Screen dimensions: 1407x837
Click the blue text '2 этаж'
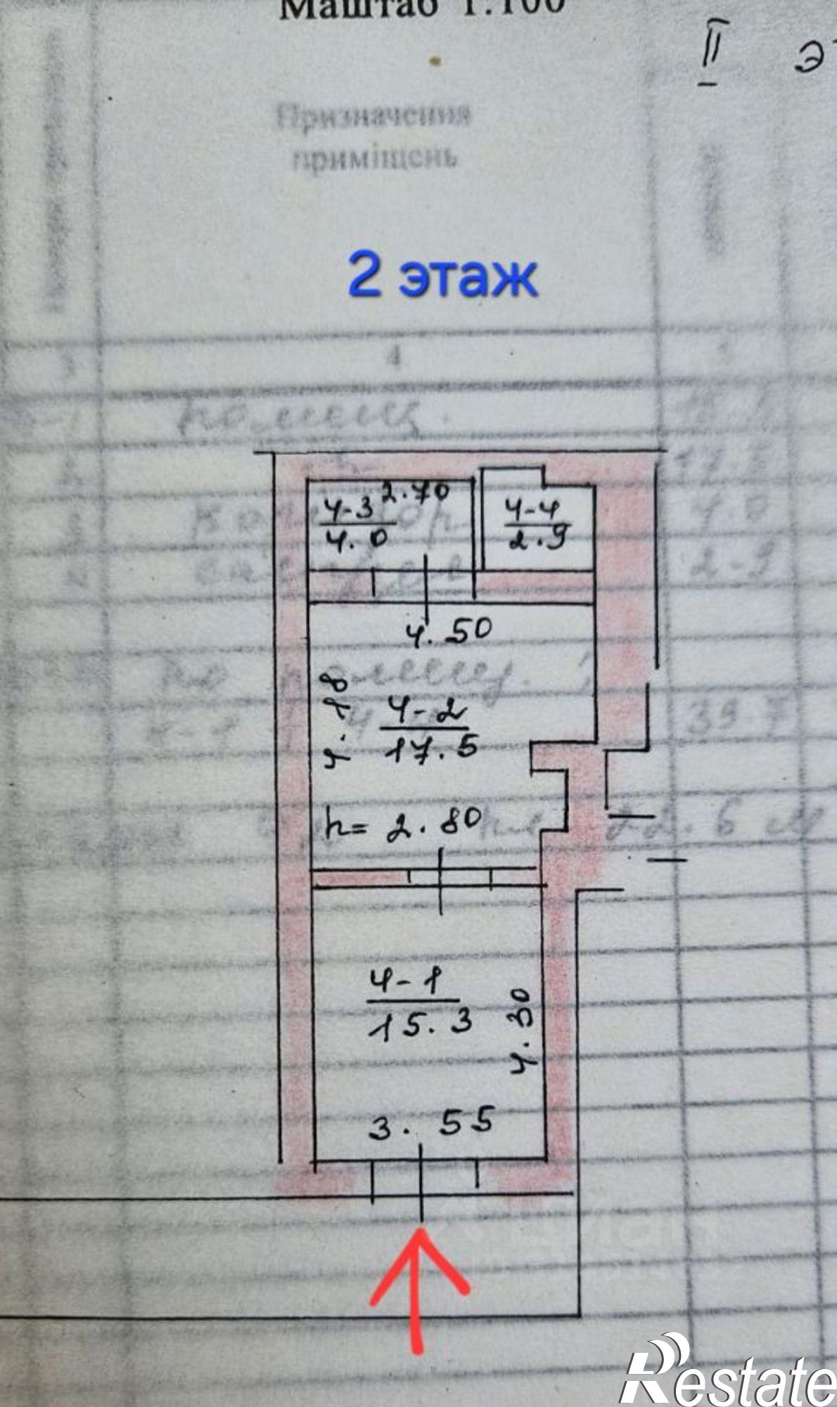tap(443, 276)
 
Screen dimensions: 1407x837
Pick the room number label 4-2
tap(423, 715)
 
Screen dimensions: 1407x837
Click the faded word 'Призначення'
tap(373, 117)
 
